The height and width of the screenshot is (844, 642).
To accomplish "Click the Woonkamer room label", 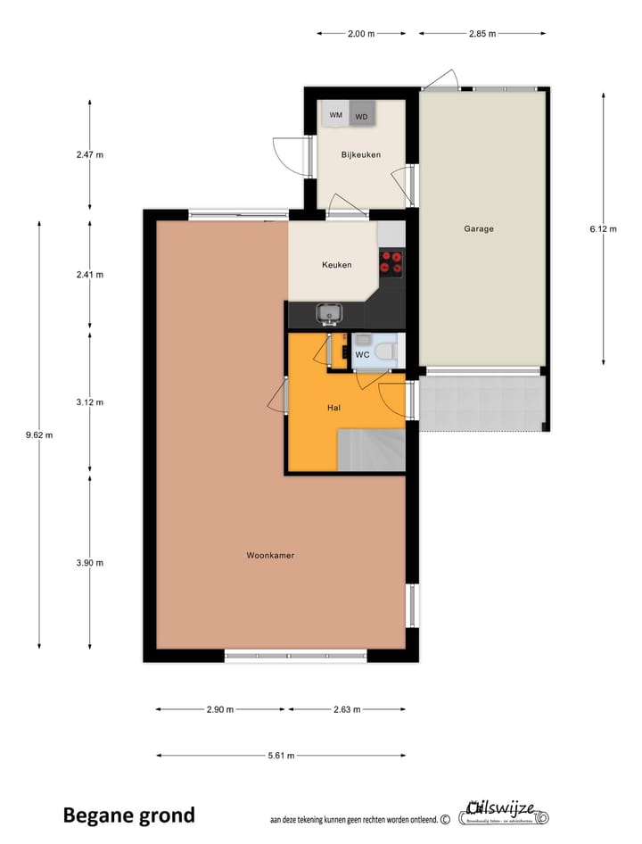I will point(270,555).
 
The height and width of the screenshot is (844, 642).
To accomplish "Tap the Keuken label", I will point(336,265).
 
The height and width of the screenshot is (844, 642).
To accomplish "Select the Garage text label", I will point(478,228).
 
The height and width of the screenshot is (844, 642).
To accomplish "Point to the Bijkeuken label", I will point(360,154).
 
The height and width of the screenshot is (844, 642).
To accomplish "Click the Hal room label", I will point(334,408).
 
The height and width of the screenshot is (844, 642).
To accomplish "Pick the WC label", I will point(362,354).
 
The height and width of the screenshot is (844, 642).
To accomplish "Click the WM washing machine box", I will point(335,115).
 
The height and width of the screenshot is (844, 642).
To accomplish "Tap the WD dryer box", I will point(361,116).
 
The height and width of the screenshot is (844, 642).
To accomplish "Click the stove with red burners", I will point(391,261).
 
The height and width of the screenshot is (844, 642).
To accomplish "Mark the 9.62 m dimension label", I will point(39,435).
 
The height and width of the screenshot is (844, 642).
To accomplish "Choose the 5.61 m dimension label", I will point(282,756).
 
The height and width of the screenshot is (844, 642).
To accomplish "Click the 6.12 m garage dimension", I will point(603,228).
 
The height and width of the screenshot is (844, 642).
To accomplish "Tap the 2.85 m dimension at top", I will point(482,34).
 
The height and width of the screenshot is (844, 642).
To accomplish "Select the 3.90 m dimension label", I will point(89,562).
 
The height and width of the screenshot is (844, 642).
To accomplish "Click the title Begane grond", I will point(128,815).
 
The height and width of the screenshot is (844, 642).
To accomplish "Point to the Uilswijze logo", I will point(504,813).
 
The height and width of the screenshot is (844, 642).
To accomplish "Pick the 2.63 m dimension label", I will point(346,709).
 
